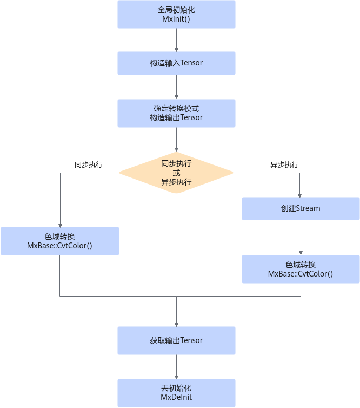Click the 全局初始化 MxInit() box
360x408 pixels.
click(176, 14)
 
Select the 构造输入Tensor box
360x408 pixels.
click(176, 63)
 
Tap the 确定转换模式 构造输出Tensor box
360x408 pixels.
click(176, 113)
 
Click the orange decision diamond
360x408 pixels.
click(176, 173)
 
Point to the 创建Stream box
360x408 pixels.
click(301, 208)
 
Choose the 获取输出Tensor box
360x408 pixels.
click(176, 340)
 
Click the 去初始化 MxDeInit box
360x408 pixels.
click(176, 393)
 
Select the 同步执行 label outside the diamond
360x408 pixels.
click(89, 164)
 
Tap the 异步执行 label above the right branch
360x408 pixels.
click(284, 164)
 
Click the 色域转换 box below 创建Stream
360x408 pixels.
click(301, 269)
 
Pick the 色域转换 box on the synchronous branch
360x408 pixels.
click(60, 241)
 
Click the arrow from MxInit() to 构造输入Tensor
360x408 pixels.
click(177, 40)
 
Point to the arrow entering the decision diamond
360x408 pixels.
click(177, 140)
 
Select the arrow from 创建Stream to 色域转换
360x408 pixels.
click(301, 238)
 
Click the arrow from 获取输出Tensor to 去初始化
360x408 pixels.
click(177, 367)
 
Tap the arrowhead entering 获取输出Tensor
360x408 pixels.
click(177, 325)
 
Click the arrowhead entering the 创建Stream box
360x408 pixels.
click(299, 196)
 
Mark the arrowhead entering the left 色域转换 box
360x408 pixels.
click(61, 226)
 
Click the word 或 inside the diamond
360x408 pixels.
click(176, 173)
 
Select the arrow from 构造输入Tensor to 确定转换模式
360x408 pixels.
click(177, 87)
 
